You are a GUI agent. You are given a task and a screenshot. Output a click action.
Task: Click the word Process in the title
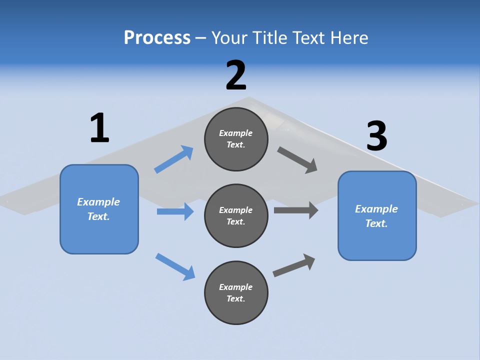pos(157,37)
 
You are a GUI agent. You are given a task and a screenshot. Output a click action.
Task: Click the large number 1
pos(99,128)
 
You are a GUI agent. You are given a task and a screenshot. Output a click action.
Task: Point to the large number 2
pos(236,75)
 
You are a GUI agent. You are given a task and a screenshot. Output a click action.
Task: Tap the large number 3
pos(376,136)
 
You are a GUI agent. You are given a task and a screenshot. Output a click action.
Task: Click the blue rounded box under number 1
pos(99,209)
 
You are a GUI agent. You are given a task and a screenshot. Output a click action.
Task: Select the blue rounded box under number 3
pos(377,216)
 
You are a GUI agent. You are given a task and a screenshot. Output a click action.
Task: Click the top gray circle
pos(236,139)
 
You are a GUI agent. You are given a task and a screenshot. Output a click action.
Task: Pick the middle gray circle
pos(236,215)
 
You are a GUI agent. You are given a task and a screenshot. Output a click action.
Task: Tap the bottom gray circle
pos(236,292)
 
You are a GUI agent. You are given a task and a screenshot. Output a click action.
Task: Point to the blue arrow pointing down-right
pos(175,266)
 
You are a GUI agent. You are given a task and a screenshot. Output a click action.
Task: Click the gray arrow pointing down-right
pos(297,160)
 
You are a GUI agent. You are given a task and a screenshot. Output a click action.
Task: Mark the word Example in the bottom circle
pos(236,287)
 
